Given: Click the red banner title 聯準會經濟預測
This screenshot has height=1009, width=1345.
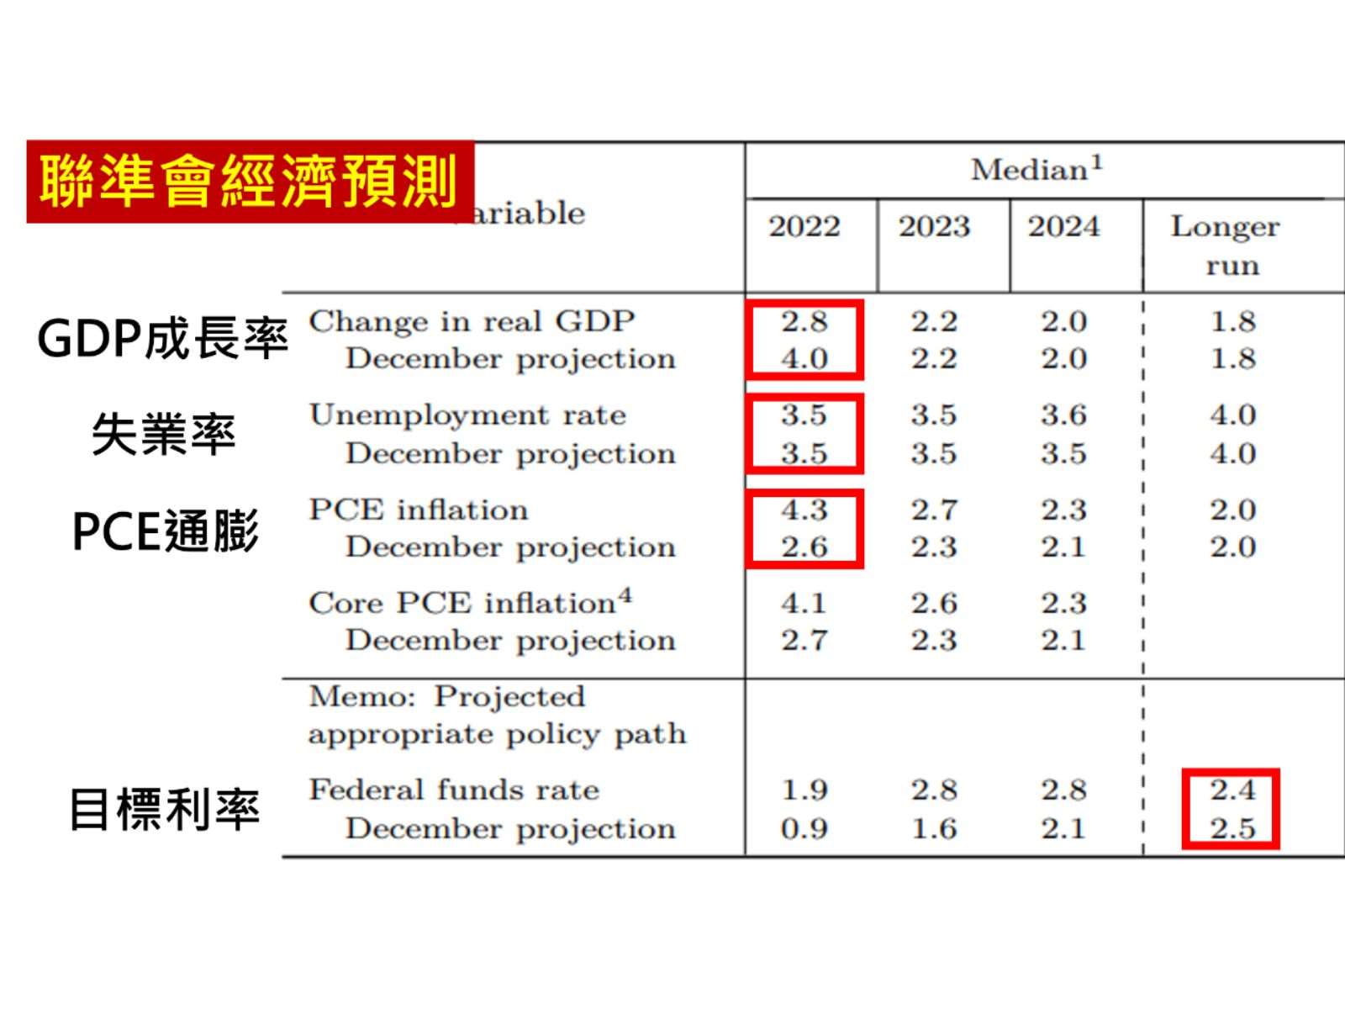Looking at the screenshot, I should [250, 182].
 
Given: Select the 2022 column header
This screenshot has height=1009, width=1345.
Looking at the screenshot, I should [804, 227].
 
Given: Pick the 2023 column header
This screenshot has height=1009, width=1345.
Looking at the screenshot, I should [934, 227].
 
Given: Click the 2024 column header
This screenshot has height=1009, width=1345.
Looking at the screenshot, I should [1063, 227].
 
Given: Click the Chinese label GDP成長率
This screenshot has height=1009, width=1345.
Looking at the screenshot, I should [162, 339].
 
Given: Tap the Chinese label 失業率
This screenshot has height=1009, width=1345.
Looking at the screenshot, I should [163, 435].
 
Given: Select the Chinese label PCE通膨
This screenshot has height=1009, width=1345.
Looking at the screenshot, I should [165, 531].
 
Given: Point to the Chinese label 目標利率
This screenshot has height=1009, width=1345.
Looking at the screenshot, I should [164, 809].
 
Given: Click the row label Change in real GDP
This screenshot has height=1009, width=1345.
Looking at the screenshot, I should [472, 321].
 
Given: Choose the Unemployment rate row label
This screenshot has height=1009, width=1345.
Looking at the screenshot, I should [467, 415].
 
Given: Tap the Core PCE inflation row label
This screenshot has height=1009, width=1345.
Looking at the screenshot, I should [470, 602].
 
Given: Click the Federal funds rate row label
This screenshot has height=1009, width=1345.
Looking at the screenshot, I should [454, 790].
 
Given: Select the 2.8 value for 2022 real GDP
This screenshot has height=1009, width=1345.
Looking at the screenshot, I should [804, 321].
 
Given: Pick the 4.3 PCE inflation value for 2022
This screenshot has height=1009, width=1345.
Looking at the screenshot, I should [804, 510].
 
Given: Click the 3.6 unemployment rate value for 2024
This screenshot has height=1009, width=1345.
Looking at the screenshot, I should [1063, 415].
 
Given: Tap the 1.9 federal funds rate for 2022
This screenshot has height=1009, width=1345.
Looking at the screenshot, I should [804, 790].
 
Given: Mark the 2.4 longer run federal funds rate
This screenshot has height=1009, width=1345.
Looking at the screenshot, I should [1232, 790].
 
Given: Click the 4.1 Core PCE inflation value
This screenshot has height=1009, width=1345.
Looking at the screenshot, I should [804, 603].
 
